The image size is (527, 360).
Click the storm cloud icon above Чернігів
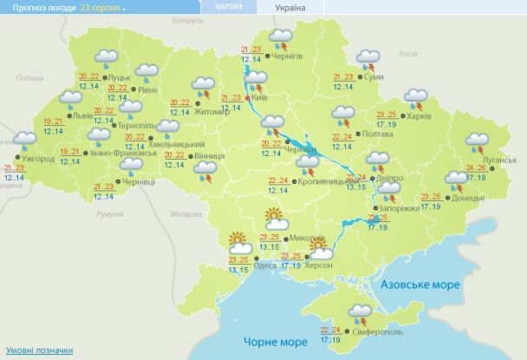[281, 37]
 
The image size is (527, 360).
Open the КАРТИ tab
[222, 7]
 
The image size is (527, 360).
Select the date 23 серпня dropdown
[103, 7]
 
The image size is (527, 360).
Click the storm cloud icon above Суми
[368, 61]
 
